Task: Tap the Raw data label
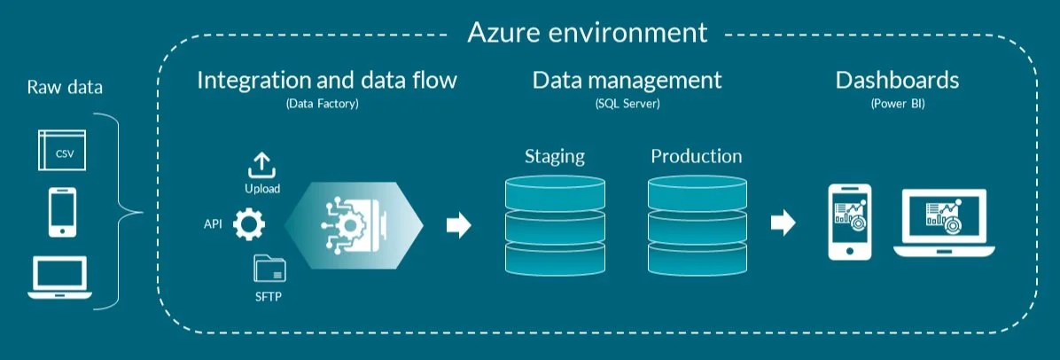point(65,88)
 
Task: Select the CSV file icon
point(63,151)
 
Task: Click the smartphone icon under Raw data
point(62,213)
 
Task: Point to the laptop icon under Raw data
point(62,277)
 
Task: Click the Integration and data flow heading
point(327,81)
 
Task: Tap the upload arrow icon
point(261,166)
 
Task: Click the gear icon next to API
point(249,224)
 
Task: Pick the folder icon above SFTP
point(269,269)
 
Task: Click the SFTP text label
point(268,295)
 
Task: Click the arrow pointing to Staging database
point(458,225)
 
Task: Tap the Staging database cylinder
point(555,225)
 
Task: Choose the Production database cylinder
point(696,225)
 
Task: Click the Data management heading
point(627,81)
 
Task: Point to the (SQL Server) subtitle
point(627,104)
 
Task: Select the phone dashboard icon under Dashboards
point(848,223)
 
